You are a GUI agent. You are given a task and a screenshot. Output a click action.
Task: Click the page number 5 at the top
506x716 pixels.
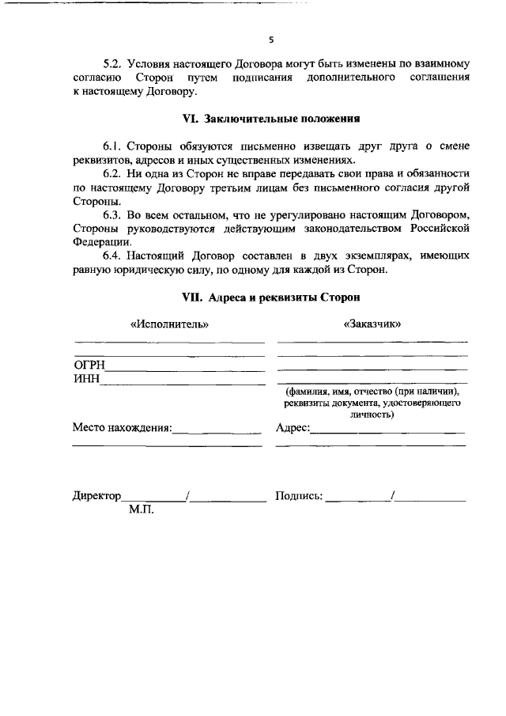click(270, 39)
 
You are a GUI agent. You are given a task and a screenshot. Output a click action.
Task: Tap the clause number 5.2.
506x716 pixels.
click(115, 63)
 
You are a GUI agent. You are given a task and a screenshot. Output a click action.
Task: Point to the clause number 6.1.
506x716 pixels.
click(115, 146)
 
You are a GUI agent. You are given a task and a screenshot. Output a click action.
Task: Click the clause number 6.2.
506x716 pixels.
click(115, 172)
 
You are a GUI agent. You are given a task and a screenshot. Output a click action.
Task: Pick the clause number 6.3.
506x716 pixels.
click(115, 216)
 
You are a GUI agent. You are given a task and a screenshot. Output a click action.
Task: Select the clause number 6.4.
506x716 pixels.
click(115, 257)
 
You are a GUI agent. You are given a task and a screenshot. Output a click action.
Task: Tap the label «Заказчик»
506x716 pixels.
click(372, 324)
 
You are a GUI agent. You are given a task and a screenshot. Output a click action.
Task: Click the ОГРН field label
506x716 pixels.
click(89, 365)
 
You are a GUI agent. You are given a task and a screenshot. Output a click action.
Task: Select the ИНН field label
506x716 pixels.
click(86, 379)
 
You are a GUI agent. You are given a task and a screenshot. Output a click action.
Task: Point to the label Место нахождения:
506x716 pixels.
click(122, 428)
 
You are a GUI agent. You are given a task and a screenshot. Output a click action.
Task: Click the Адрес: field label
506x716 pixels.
click(293, 428)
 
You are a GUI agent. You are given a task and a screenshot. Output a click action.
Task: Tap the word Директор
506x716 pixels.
click(96, 496)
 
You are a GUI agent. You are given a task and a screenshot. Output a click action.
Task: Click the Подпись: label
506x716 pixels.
click(298, 496)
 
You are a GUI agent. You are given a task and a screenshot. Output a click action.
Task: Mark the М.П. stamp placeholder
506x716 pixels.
click(141, 510)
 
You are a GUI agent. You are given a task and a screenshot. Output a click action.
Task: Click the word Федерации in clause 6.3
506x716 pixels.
click(99, 241)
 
